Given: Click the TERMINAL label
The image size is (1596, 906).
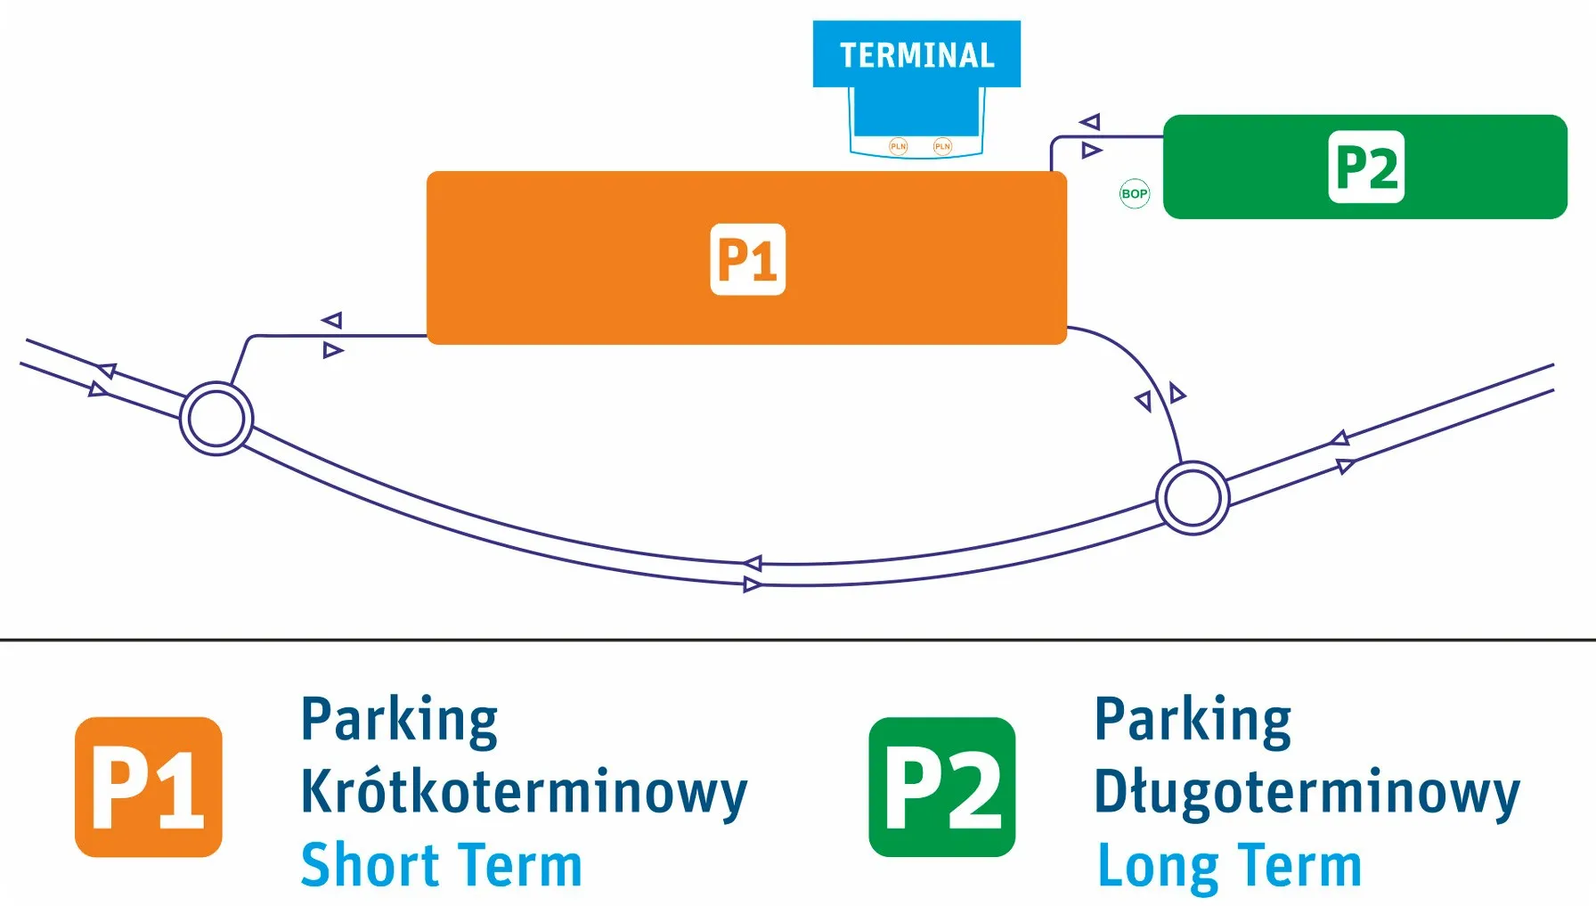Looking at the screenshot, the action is (916, 55).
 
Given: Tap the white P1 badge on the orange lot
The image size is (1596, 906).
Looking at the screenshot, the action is (748, 259).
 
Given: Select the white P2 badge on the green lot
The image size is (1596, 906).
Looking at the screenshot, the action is (1366, 167).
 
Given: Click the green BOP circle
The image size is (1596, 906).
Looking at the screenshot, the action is (1135, 193).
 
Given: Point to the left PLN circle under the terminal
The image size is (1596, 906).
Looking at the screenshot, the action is (899, 146).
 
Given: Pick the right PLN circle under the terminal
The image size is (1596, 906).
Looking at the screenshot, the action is (942, 146).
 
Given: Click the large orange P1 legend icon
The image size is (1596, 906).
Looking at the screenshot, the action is (149, 787).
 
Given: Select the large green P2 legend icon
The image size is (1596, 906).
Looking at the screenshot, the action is (942, 787).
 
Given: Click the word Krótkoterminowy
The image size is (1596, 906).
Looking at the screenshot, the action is (525, 792).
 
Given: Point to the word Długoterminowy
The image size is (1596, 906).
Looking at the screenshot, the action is (1307, 792).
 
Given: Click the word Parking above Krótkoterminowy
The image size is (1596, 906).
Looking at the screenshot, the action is (400, 720).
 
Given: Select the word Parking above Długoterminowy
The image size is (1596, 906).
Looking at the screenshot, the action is (1193, 720).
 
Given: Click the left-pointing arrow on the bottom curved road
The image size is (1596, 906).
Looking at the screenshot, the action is (753, 563).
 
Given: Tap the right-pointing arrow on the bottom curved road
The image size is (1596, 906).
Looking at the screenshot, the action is (753, 584).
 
